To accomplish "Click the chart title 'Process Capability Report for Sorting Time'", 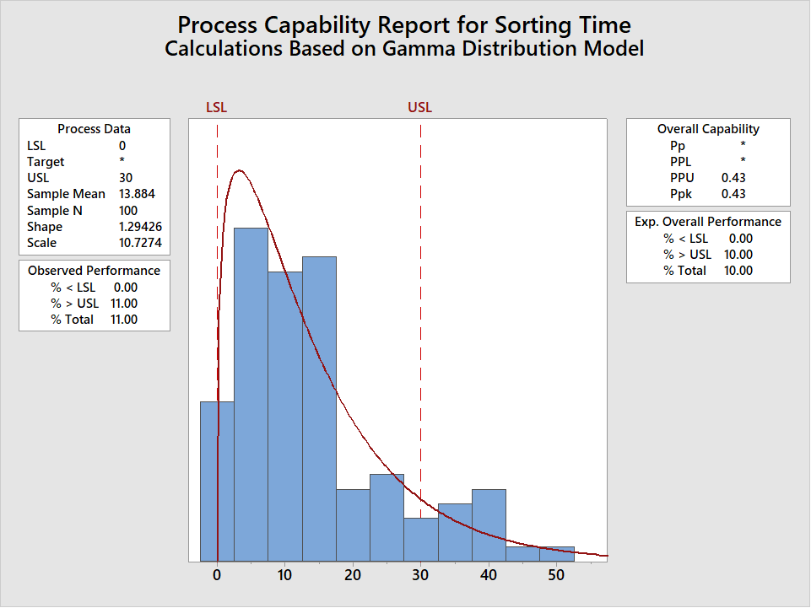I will (x=404, y=24).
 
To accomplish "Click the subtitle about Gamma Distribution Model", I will (x=404, y=48).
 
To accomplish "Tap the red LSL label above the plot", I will (x=217, y=107).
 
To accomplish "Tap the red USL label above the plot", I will (x=419, y=107).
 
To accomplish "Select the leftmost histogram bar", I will (x=217, y=481).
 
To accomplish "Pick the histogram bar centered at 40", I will (x=489, y=525).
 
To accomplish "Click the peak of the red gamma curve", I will (x=240, y=171).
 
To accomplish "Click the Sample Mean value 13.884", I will (x=137, y=194).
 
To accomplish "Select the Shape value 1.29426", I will (x=140, y=227).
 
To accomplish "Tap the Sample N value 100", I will (x=128, y=211).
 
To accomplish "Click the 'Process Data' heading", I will (x=94, y=129).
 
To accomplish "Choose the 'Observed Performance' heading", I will (x=94, y=271).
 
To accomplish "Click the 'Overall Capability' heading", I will (x=708, y=129).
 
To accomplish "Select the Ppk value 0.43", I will (x=733, y=194).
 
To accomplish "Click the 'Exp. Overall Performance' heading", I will (x=708, y=222).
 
